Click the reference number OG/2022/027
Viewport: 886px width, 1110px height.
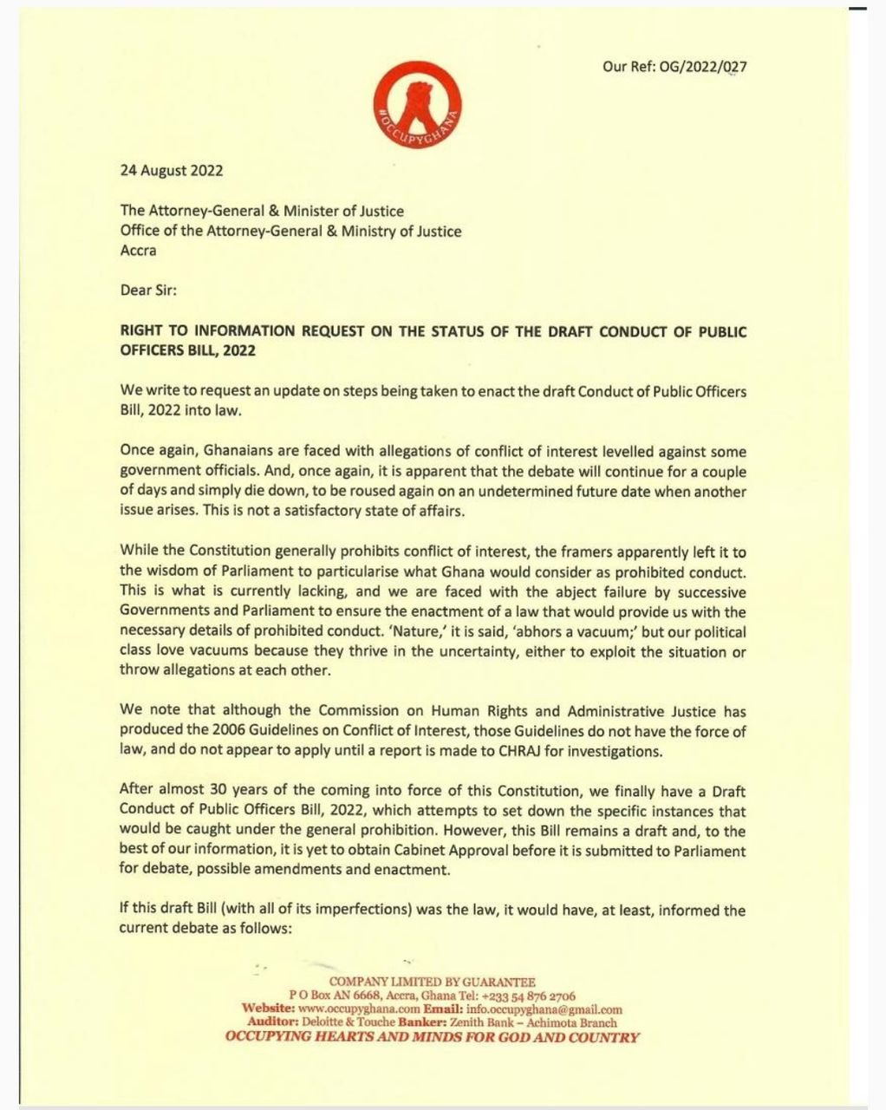(703, 67)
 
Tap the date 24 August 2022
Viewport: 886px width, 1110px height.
(171, 170)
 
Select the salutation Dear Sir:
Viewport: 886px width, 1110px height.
(147, 291)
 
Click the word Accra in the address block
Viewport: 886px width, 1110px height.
(139, 251)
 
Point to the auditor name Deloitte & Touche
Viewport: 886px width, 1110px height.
(348, 1022)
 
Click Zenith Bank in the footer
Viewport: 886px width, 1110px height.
(484, 1022)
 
